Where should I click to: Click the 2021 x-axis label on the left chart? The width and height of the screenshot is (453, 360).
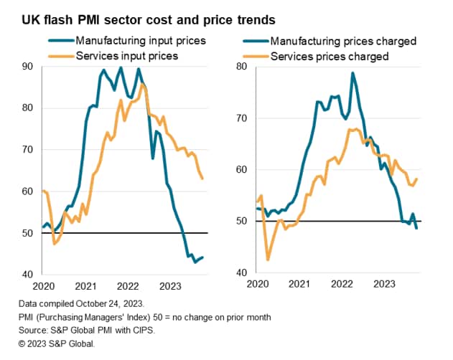pyautogui.click(x=86, y=285)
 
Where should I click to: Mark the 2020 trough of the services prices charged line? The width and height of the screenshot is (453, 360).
pyautogui.click(x=268, y=260)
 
